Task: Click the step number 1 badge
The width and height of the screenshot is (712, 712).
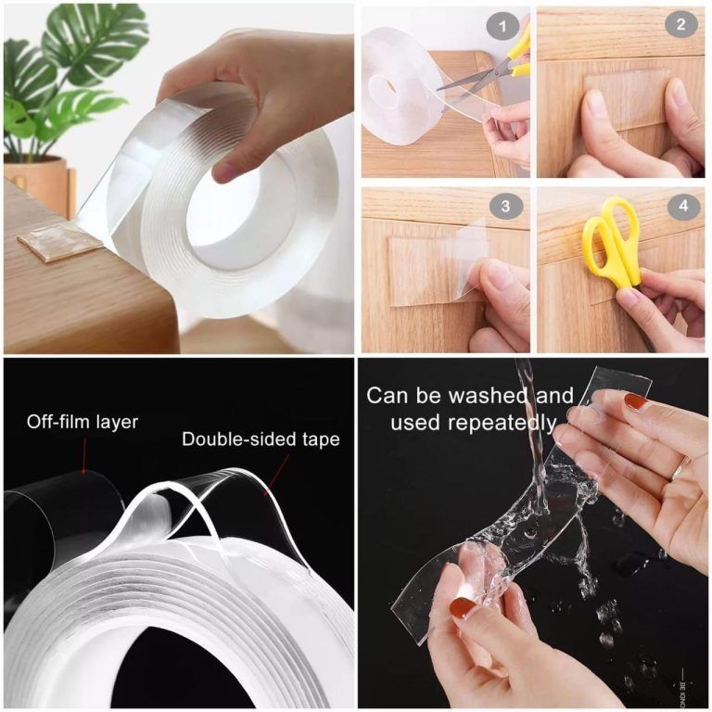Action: point(503,25)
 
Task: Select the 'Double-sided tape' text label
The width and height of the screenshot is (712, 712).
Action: point(261,439)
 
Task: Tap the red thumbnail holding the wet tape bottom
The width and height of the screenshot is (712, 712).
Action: point(463,609)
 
